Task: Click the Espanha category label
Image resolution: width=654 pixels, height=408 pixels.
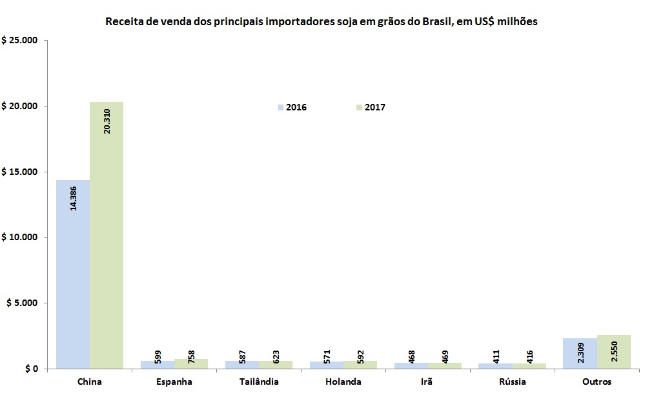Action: coord(174,382)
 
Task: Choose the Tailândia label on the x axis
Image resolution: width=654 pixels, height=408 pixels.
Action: coord(258,382)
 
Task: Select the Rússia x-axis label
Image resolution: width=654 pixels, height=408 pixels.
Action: coord(512,382)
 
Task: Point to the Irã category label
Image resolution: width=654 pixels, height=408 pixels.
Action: coord(427,382)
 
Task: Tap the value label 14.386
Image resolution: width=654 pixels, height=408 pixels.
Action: coord(73,198)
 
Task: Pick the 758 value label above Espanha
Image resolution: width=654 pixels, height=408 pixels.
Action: coord(191,358)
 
